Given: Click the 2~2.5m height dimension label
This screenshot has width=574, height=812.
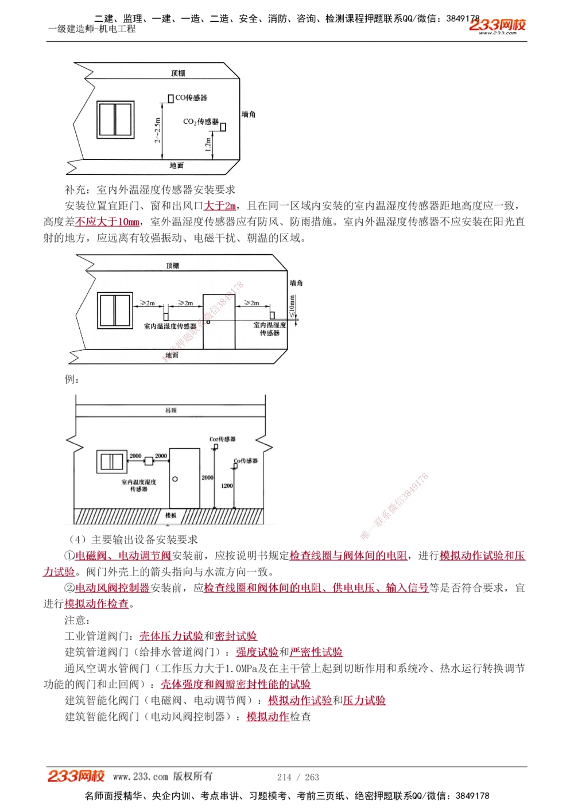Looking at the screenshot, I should (x=157, y=130).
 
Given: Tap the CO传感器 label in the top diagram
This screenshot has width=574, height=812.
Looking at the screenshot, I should (x=191, y=98).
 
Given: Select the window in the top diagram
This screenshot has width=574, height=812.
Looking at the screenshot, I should (x=115, y=119).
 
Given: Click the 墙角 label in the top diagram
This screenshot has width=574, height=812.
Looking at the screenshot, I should (x=249, y=115).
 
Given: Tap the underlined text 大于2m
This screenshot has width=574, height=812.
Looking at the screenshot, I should (x=220, y=205).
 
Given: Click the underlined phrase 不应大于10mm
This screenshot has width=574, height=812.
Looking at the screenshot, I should (x=107, y=222).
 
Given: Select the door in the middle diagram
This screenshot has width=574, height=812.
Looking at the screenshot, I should (x=219, y=322).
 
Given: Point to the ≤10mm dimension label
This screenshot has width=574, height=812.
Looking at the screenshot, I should (x=292, y=306).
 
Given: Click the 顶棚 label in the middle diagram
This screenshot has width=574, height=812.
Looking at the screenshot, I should (x=172, y=266).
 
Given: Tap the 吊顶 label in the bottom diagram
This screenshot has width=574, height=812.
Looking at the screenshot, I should (x=170, y=410).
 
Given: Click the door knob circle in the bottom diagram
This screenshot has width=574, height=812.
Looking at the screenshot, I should (x=175, y=479).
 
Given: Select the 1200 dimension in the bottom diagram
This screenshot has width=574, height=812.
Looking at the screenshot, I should (x=227, y=485).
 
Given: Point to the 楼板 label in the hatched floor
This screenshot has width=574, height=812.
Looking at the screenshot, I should (x=170, y=515).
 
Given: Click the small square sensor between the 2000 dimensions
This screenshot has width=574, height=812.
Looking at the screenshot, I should (x=149, y=461).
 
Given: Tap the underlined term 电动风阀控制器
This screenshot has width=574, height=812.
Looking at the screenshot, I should (x=113, y=588).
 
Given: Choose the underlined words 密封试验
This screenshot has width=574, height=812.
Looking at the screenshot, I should (x=236, y=636).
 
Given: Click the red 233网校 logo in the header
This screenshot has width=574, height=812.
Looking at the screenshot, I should (x=497, y=25).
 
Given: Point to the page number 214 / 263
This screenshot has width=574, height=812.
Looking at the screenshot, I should (x=298, y=777).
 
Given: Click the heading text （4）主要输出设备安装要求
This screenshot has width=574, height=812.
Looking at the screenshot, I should (x=133, y=539).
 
